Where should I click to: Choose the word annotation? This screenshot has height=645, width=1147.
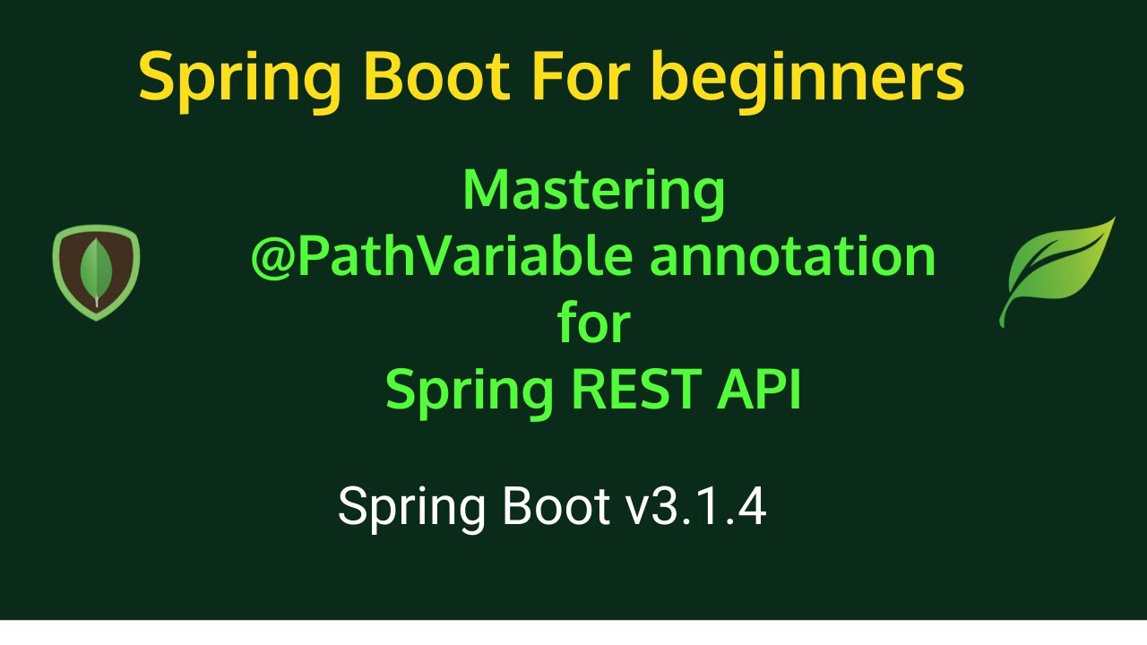(x=793, y=257)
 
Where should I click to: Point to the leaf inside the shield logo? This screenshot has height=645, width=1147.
(x=96, y=271)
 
